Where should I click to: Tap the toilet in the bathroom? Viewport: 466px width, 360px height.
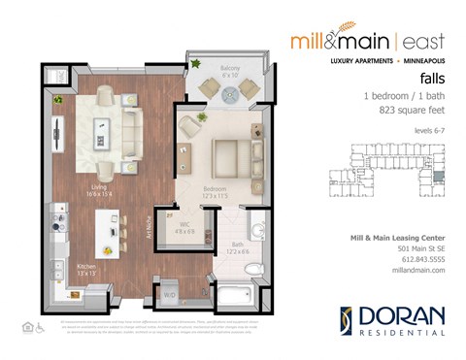[256, 230]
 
